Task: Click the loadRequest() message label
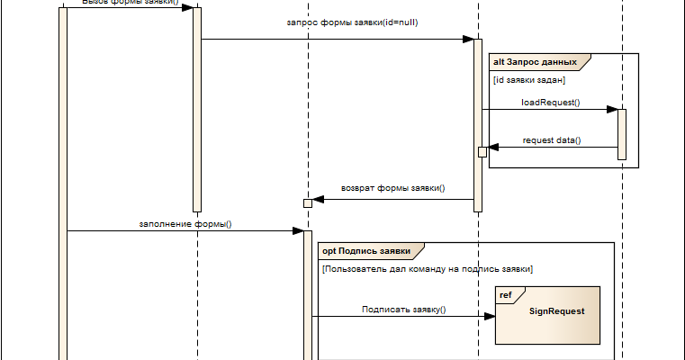click(x=550, y=103)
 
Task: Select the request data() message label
click(x=552, y=140)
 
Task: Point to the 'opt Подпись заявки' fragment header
click(x=366, y=250)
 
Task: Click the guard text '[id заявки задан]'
click(x=528, y=80)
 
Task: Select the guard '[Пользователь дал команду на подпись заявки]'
click(x=428, y=269)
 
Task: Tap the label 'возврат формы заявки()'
click(x=392, y=189)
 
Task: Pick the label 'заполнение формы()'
click(x=185, y=223)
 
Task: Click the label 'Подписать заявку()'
click(x=404, y=309)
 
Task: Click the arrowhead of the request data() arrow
click(x=492, y=148)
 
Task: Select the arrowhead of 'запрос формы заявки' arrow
click(x=468, y=39)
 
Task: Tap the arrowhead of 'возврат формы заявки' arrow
click(x=318, y=199)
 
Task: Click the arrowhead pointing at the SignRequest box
click(x=490, y=316)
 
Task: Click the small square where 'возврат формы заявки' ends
click(x=308, y=202)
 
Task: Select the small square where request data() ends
click(x=482, y=152)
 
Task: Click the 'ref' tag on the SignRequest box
click(x=506, y=294)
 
